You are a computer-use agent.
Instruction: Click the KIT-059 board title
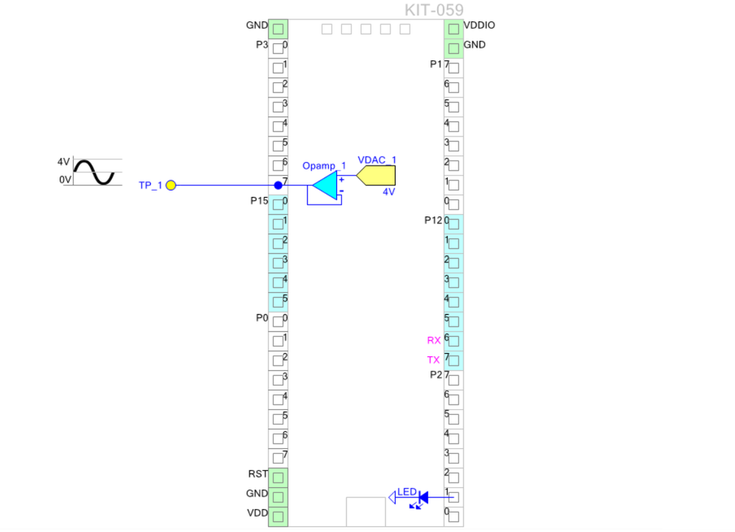[434, 10]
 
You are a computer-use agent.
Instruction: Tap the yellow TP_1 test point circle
[171, 185]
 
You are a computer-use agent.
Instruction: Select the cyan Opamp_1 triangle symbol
[324, 185]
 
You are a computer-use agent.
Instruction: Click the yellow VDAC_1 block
[377, 176]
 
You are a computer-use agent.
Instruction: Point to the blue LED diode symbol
[423, 499]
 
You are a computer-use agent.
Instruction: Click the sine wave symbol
[93, 172]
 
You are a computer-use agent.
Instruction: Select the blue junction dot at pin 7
[278, 185]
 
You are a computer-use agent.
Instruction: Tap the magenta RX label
[434, 341]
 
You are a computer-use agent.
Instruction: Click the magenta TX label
[434, 360]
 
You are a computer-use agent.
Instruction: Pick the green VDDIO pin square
[454, 29]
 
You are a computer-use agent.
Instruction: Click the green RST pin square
[278, 478]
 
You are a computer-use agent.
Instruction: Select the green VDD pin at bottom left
[278, 517]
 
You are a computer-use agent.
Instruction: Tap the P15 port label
[260, 200]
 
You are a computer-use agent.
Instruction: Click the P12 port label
[434, 220]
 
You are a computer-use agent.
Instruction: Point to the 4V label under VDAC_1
[388, 191]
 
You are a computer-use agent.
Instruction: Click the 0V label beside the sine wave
[65, 180]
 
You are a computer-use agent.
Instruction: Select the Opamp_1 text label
[324, 166]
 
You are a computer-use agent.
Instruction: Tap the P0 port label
[261, 318]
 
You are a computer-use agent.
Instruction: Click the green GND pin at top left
[278, 29]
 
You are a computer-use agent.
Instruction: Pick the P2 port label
[436, 375]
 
